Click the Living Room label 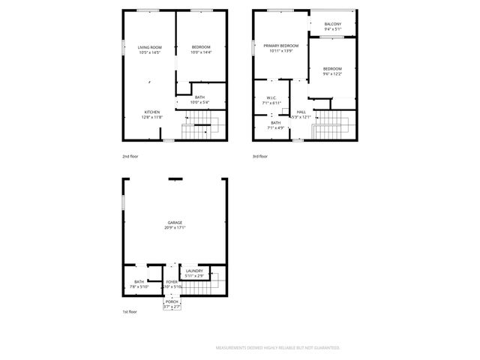point(150,47)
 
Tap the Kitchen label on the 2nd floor point(151,112)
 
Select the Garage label point(175,223)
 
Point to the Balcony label point(333,24)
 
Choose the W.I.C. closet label point(271,97)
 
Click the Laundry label point(195,271)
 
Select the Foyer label point(172,282)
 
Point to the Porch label point(172,302)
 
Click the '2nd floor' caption point(130,156)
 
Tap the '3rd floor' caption point(260,156)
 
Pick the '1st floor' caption point(130,311)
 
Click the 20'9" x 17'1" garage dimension point(175,228)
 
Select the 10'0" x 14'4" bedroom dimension point(201,52)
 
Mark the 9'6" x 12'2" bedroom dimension point(332,73)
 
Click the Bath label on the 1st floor point(139,282)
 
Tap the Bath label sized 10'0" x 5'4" point(199,97)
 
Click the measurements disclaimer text point(277,348)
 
